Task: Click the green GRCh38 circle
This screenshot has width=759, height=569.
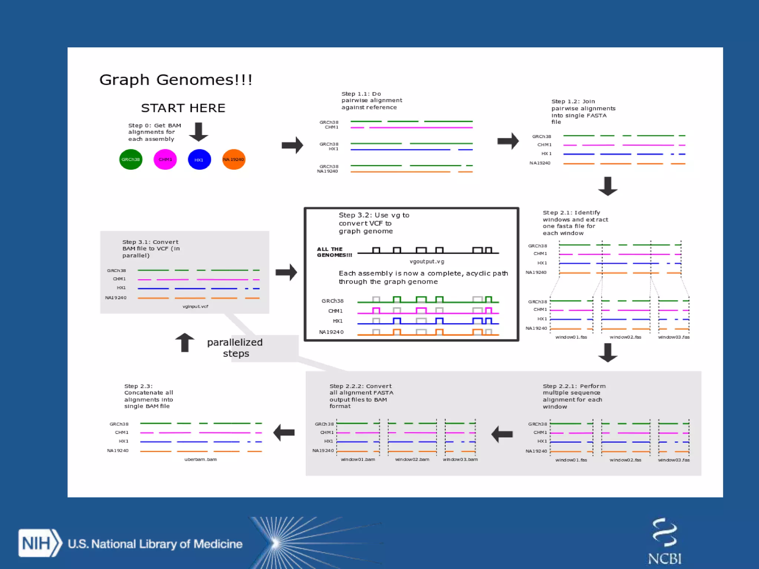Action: coord(130,159)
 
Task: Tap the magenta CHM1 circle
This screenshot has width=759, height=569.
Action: coord(165,159)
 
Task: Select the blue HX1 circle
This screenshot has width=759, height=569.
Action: coord(199,159)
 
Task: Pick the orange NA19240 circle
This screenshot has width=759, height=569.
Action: coord(233,159)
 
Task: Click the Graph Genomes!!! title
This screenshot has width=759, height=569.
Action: coord(176,80)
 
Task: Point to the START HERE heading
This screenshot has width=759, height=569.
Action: coord(183,108)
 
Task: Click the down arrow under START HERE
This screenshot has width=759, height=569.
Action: coord(199,132)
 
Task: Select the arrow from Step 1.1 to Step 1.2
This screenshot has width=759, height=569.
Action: coord(508,141)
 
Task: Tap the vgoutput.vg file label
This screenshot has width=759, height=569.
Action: coord(427,262)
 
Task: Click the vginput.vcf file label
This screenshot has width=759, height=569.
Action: coord(195,306)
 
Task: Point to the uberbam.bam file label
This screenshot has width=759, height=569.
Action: coord(200,459)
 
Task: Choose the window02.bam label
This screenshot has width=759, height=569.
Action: coord(412,459)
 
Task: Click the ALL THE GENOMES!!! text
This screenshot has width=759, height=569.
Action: coord(334,252)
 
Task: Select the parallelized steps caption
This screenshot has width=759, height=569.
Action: coord(235,347)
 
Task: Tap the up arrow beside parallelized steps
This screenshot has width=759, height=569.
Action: coord(185,342)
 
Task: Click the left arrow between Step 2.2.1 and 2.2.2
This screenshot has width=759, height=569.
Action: coord(502,434)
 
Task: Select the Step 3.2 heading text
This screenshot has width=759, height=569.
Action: coord(374,223)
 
